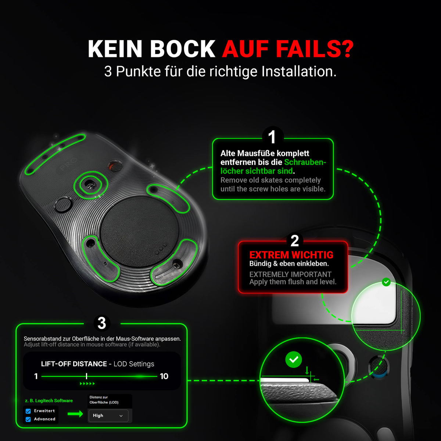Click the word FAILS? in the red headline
315,49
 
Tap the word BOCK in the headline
182,49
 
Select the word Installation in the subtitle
299,71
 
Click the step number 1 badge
273,137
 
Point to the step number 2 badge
294,241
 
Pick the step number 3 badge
102,323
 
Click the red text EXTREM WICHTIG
291,255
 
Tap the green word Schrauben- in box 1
305,162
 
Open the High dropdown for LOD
108,416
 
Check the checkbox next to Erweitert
28,411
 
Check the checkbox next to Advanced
28,419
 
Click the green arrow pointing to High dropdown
75,413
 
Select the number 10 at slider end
164,376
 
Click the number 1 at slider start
36,376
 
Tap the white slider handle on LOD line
86,376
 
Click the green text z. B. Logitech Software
49,401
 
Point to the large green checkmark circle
293,359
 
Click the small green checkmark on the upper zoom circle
386,282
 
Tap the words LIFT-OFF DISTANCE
74,364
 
